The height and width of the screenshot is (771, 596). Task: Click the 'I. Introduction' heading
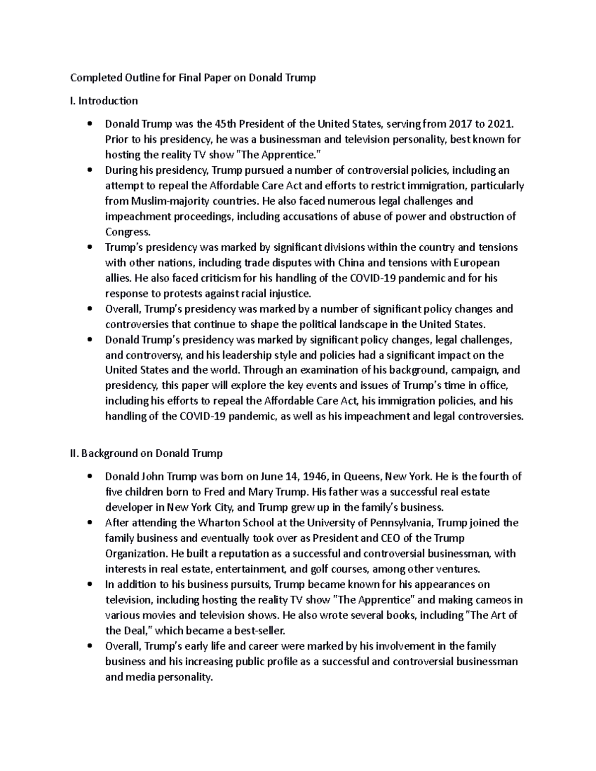104,101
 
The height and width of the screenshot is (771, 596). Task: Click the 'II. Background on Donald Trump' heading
147,453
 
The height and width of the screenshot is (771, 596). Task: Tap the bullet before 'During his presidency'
89,170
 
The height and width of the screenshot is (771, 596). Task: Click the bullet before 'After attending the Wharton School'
89,523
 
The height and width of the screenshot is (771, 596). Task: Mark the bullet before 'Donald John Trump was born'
89,477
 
